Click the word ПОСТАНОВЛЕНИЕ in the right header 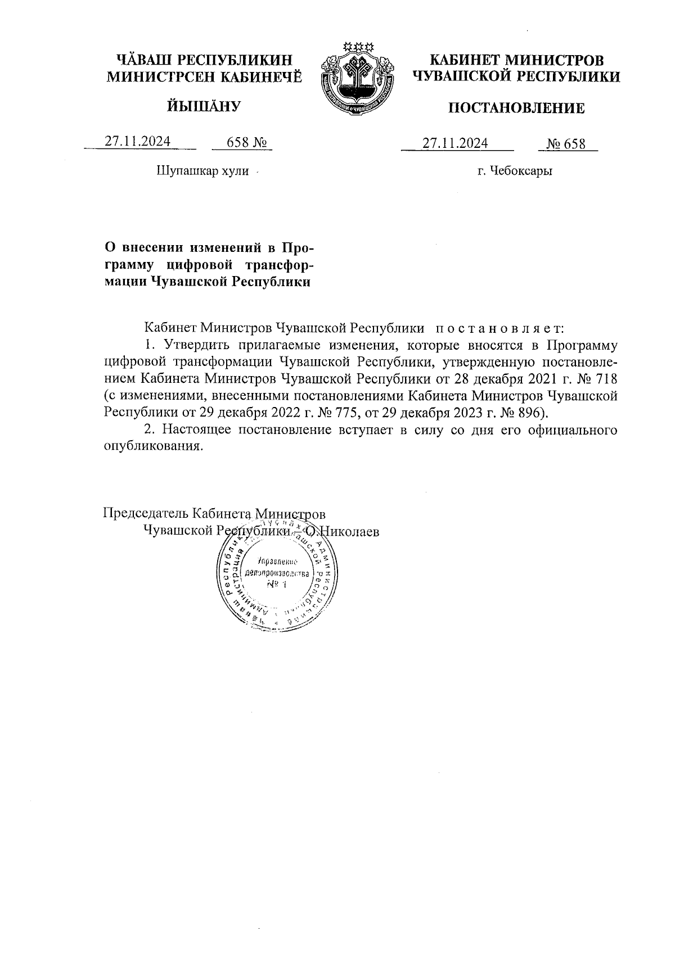tap(516, 108)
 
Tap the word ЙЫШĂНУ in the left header tap(204, 106)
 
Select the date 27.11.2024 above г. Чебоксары tap(455, 143)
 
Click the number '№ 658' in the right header tap(567, 144)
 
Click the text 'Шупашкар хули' tap(202, 170)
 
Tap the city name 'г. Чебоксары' tap(515, 171)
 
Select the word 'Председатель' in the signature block tap(146, 513)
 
